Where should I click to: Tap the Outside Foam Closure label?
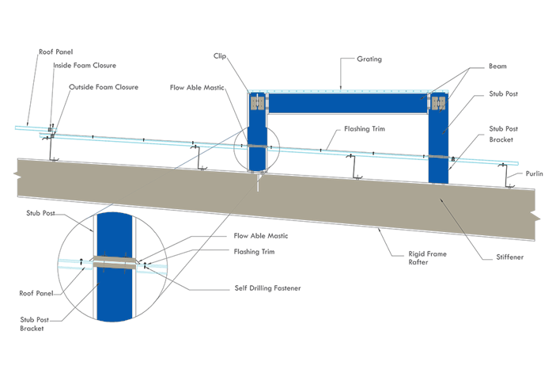coord(104,87)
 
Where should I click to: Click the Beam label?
coord(497,67)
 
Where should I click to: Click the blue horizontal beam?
coord(348,104)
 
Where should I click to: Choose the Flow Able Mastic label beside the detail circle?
coord(262,236)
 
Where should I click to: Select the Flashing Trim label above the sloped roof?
coord(365,128)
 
